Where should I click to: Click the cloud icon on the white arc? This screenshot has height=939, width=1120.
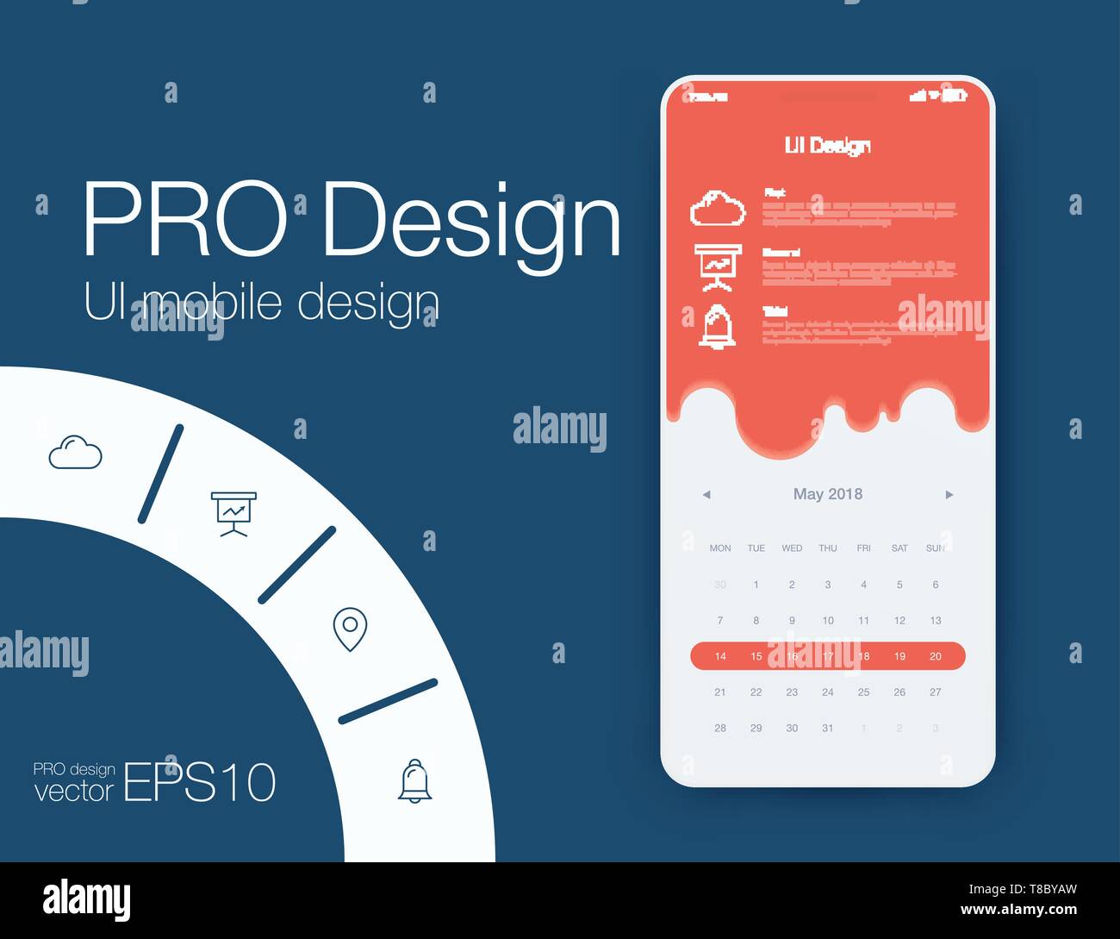[x=75, y=453]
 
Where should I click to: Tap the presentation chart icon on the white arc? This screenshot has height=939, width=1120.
[x=233, y=513]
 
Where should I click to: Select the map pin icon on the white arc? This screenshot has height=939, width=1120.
[x=350, y=629]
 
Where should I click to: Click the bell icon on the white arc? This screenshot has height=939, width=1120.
[x=414, y=781]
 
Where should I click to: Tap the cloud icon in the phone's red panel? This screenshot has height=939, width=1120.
[x=717, y=209]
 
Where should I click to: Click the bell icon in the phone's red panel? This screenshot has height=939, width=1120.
[x=717, y=327]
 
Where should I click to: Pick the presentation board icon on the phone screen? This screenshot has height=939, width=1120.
[x=717, y=267]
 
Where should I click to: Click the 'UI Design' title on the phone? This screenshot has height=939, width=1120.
[x=827, y=146]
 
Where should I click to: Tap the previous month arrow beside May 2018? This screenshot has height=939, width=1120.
[x=706, y=495]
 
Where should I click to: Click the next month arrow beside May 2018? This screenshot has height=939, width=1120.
[x=949, y=495]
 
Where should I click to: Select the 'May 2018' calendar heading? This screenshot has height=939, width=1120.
[x=827, y=494]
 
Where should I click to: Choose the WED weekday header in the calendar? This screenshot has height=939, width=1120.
[x=792, y=548]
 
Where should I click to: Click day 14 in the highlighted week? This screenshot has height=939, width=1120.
[x=720, y=656]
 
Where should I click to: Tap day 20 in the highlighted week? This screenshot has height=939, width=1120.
[x=935, y=656]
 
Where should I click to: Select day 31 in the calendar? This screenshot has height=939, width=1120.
[x=827, y=728]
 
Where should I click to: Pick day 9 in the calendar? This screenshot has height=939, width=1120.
[x=792, y=620]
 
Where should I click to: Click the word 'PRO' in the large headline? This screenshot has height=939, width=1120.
[x=184, y=219]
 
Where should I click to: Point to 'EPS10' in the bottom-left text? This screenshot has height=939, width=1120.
[x=200, y=782]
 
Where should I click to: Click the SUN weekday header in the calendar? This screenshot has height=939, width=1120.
[x=935, y=548]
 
